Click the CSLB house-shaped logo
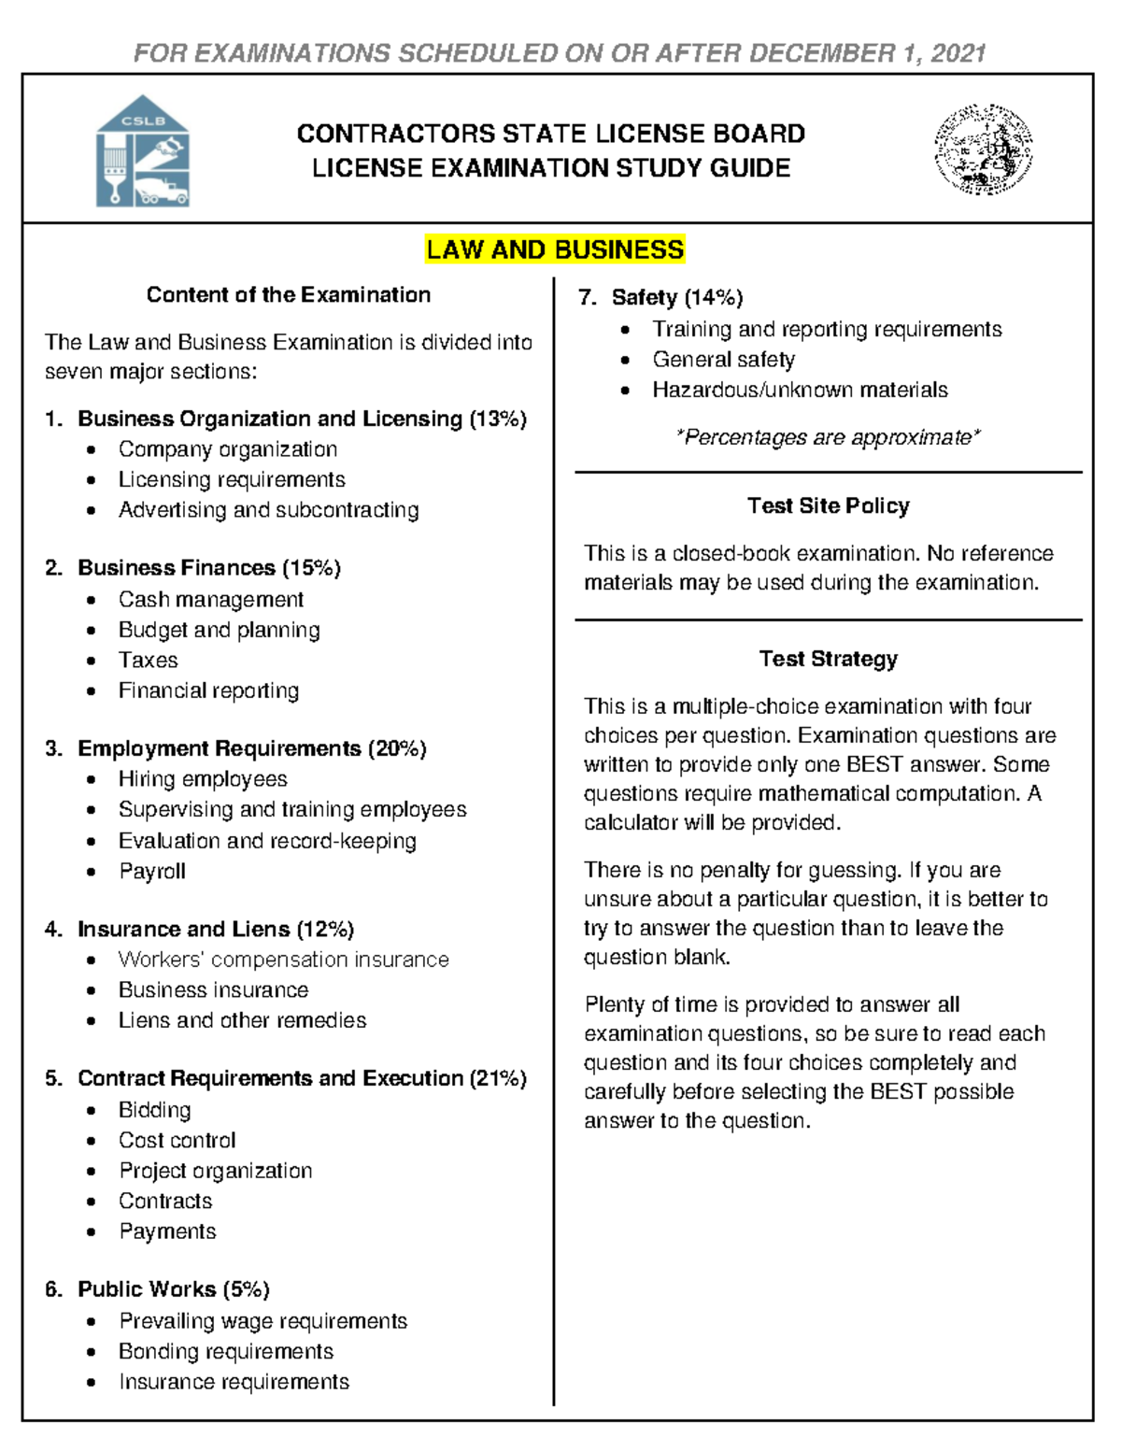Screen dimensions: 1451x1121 pos(143,150)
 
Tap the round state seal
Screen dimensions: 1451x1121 pos(983,149)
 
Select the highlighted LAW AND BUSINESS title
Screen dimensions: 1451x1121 pos(555,249)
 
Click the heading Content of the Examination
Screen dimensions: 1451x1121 pos(288,295)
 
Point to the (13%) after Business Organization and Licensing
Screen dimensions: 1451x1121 pos(498,419)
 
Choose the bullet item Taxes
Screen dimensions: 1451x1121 pos(148,661)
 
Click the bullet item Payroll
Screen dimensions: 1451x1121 pos(151,872)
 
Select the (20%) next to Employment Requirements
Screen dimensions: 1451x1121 pos(397,748)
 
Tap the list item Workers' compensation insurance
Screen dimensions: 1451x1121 pos(283,960)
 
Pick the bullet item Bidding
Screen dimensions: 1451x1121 pos(154,1110)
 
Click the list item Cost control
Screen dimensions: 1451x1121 pos(177,1141)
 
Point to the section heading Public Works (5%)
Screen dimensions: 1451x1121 pos(173,1289)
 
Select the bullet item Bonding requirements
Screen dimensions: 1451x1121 pos(225,1352)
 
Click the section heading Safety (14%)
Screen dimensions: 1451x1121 pos(676,297)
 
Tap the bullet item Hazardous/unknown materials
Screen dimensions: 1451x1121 pos(800,390)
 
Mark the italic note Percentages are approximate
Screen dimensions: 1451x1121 pos(828,437)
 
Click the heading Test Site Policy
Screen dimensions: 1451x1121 pos(828,505)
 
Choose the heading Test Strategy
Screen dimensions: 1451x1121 pos(828,659)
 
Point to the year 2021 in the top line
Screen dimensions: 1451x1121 pos(958,53)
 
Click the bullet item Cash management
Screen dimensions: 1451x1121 pos(210,600)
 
